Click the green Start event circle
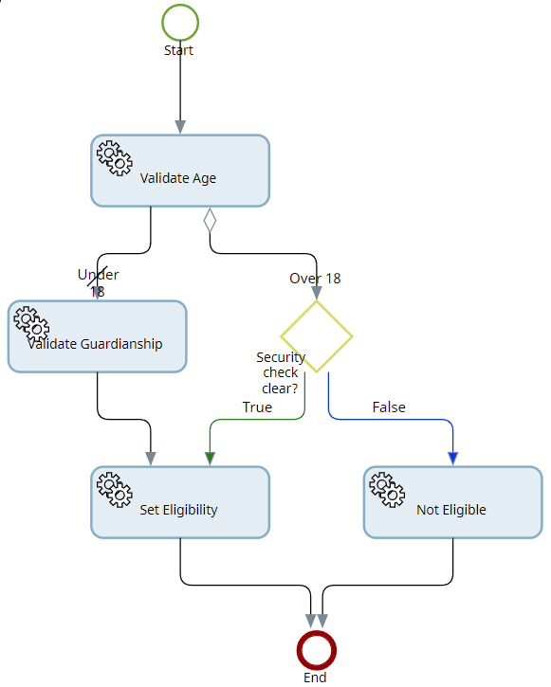179,22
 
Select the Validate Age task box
180,171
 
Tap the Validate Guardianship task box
97,336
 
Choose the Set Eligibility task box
180,502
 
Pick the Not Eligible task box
452,502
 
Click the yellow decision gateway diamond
317,336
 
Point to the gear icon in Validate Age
115,158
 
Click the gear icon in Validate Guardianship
31,324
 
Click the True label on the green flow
257,407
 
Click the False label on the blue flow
389,407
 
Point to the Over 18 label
315,279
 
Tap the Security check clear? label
281,372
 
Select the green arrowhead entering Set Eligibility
210,458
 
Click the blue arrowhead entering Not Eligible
452,458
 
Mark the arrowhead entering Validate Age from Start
179,127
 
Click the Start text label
178,50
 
